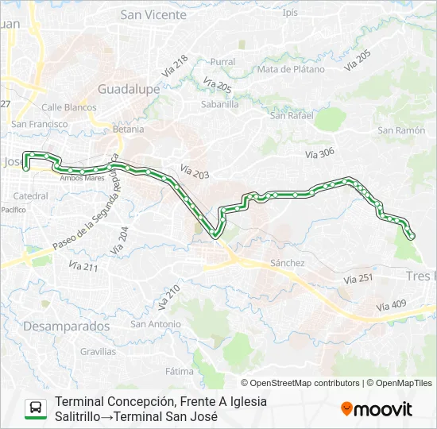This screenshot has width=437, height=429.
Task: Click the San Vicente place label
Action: coord(153,14)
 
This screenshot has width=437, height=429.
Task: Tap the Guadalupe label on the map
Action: coord(129,89)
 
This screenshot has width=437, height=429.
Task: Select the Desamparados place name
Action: coord(67,326)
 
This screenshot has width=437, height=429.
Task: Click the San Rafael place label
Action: coord(291,115)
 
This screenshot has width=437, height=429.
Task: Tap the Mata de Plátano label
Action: coord(291,69)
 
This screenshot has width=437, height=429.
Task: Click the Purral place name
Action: coord(223,61)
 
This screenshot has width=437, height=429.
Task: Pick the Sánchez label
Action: coord(288,263)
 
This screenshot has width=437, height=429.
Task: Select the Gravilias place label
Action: coord(98,350)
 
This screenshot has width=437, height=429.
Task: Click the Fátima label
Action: coord(180,371)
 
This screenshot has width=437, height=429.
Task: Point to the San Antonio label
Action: coord(156,323)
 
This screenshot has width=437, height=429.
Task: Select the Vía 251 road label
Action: coord(359,279)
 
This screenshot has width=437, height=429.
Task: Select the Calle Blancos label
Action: coord(64,106)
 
